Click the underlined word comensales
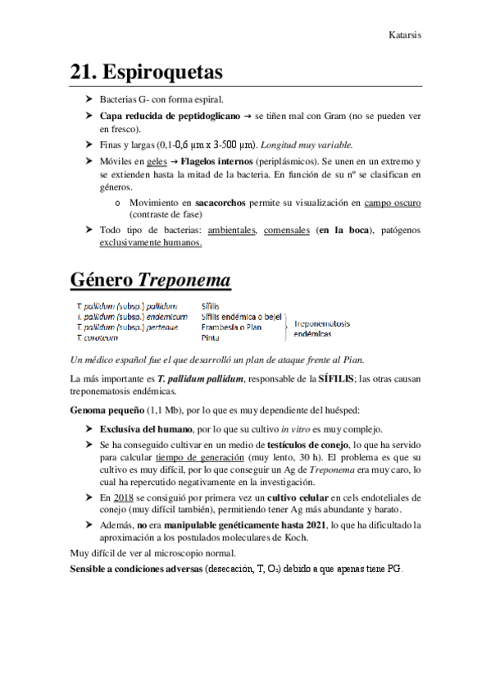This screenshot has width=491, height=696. tap(286, 231)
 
